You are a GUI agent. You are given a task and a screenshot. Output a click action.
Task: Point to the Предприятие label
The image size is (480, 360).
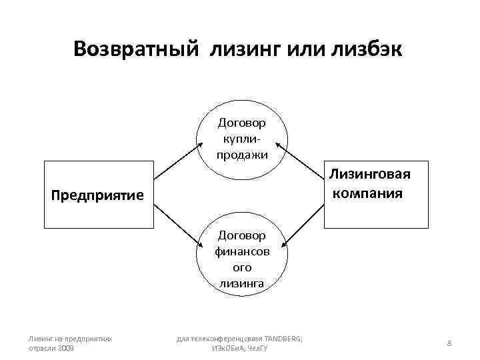click(98, 195)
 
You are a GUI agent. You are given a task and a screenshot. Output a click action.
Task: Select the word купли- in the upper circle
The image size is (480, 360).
click(241, 139)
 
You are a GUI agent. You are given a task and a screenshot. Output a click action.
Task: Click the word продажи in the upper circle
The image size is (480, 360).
click(241, 154)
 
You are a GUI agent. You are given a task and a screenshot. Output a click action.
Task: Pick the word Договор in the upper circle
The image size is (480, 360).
click(241, 123)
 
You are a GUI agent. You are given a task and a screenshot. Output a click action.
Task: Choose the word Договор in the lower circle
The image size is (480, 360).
click(241, 235)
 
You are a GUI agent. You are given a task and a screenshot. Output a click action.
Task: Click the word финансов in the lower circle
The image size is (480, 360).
click(241, 251)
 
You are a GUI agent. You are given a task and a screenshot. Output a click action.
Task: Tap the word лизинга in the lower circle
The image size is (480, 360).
click(241, 283)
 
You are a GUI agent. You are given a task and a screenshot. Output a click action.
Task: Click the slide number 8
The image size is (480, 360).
click(449, 343)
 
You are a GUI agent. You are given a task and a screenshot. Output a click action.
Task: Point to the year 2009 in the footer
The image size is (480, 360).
click(65, 348)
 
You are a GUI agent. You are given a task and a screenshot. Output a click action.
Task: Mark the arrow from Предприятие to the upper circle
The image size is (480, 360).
click(177, 159)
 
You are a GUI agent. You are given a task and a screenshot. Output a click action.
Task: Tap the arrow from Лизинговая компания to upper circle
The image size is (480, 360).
click(304, 158)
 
